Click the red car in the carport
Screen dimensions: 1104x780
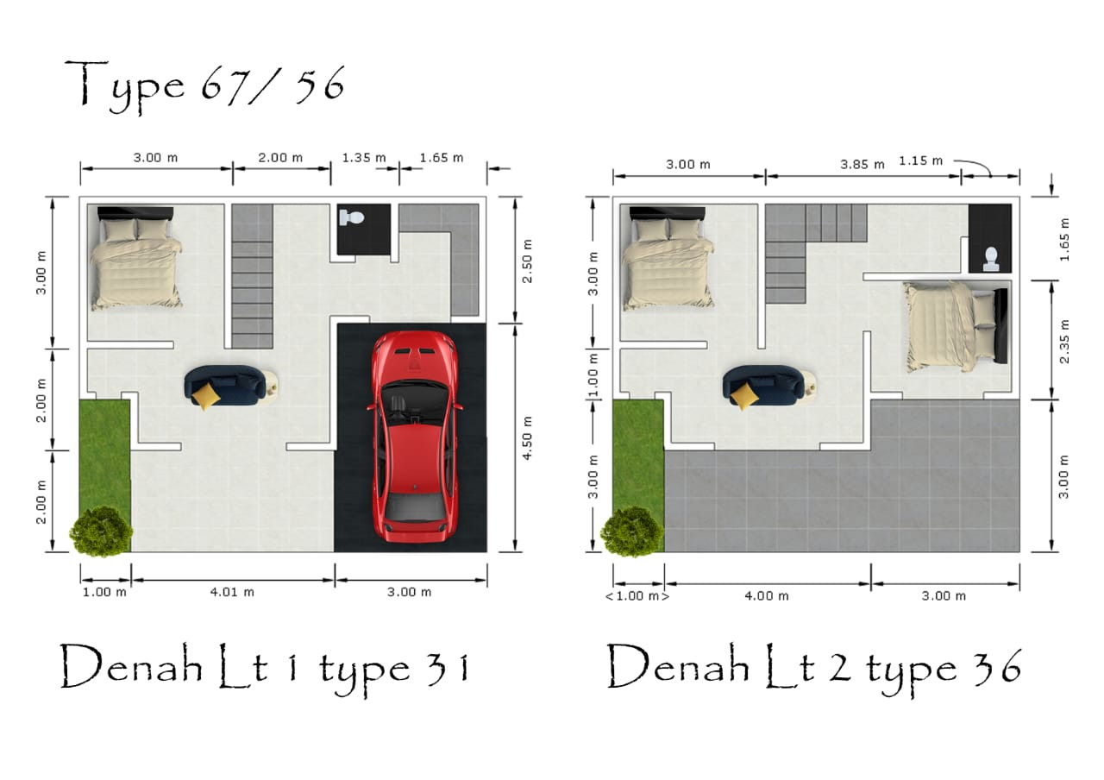(415, 437)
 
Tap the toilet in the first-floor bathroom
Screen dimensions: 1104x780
(351, 218)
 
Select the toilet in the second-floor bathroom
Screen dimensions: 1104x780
(990, 260)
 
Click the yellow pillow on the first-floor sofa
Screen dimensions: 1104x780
(206, 396)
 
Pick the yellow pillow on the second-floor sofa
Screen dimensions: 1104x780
(744, 396)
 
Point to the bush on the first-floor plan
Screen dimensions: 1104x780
(102, 532)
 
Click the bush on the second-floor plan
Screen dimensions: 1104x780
(632, 532)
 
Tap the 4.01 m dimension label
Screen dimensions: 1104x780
(232, 592)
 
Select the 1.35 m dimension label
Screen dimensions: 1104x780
(364, 158)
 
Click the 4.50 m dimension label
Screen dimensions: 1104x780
(527, 437)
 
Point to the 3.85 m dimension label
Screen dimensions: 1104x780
(862, 165)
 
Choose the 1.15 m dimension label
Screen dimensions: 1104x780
(920, 160)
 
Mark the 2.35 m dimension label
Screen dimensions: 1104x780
(1064, 342)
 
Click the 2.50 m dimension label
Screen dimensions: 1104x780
(527, 261)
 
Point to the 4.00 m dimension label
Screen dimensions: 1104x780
(767, 596)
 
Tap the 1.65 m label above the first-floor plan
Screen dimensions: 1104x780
(441, 158)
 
